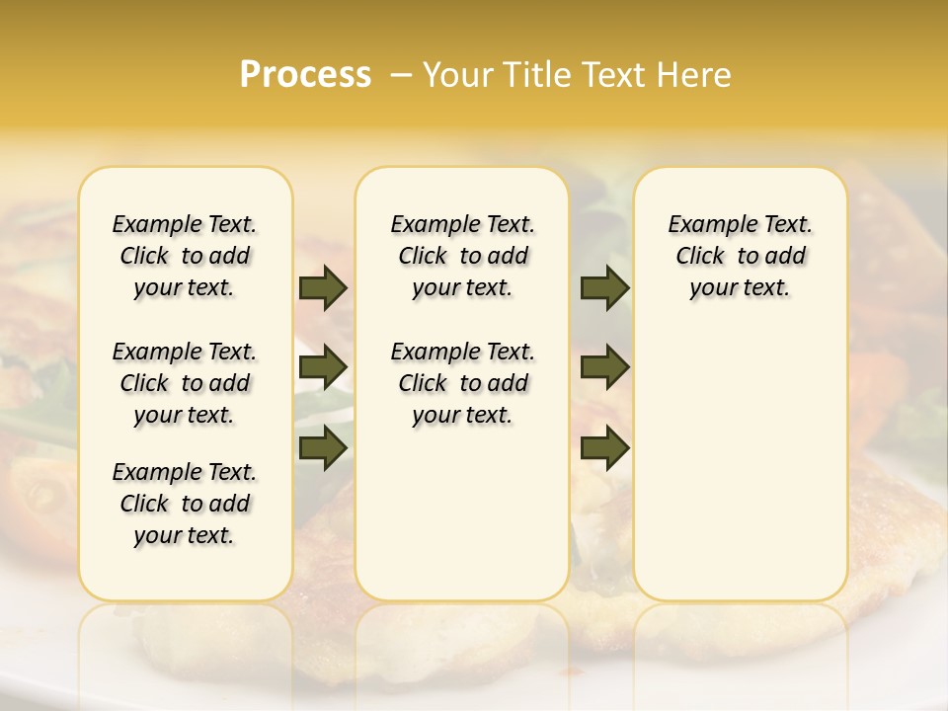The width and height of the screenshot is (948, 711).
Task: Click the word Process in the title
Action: [305, 75]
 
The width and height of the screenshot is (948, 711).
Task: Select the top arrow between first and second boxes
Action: [323, 287]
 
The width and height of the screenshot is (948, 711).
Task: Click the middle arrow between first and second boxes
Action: [323, 368]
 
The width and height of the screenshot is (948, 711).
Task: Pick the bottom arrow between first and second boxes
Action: [323, 447]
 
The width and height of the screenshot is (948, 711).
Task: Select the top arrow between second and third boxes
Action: [604, 287]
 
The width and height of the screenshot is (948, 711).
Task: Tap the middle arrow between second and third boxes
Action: [604, 368]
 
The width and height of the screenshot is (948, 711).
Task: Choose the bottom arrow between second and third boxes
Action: [604, 447]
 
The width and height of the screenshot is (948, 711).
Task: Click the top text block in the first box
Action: [185, 256]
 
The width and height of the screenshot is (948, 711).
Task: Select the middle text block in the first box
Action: [185, 383]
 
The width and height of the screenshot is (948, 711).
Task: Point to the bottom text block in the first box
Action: [185, 504]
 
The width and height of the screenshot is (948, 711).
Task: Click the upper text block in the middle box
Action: [462, 256]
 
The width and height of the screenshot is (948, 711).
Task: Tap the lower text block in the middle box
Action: [462, 383]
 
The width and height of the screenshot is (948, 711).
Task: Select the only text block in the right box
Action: [740, 256]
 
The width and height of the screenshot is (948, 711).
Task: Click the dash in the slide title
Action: [402, 75]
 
